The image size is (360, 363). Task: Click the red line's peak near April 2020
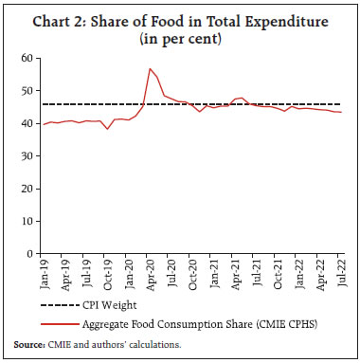150,69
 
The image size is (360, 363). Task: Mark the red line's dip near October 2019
108,129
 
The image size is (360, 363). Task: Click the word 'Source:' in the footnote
28,346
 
